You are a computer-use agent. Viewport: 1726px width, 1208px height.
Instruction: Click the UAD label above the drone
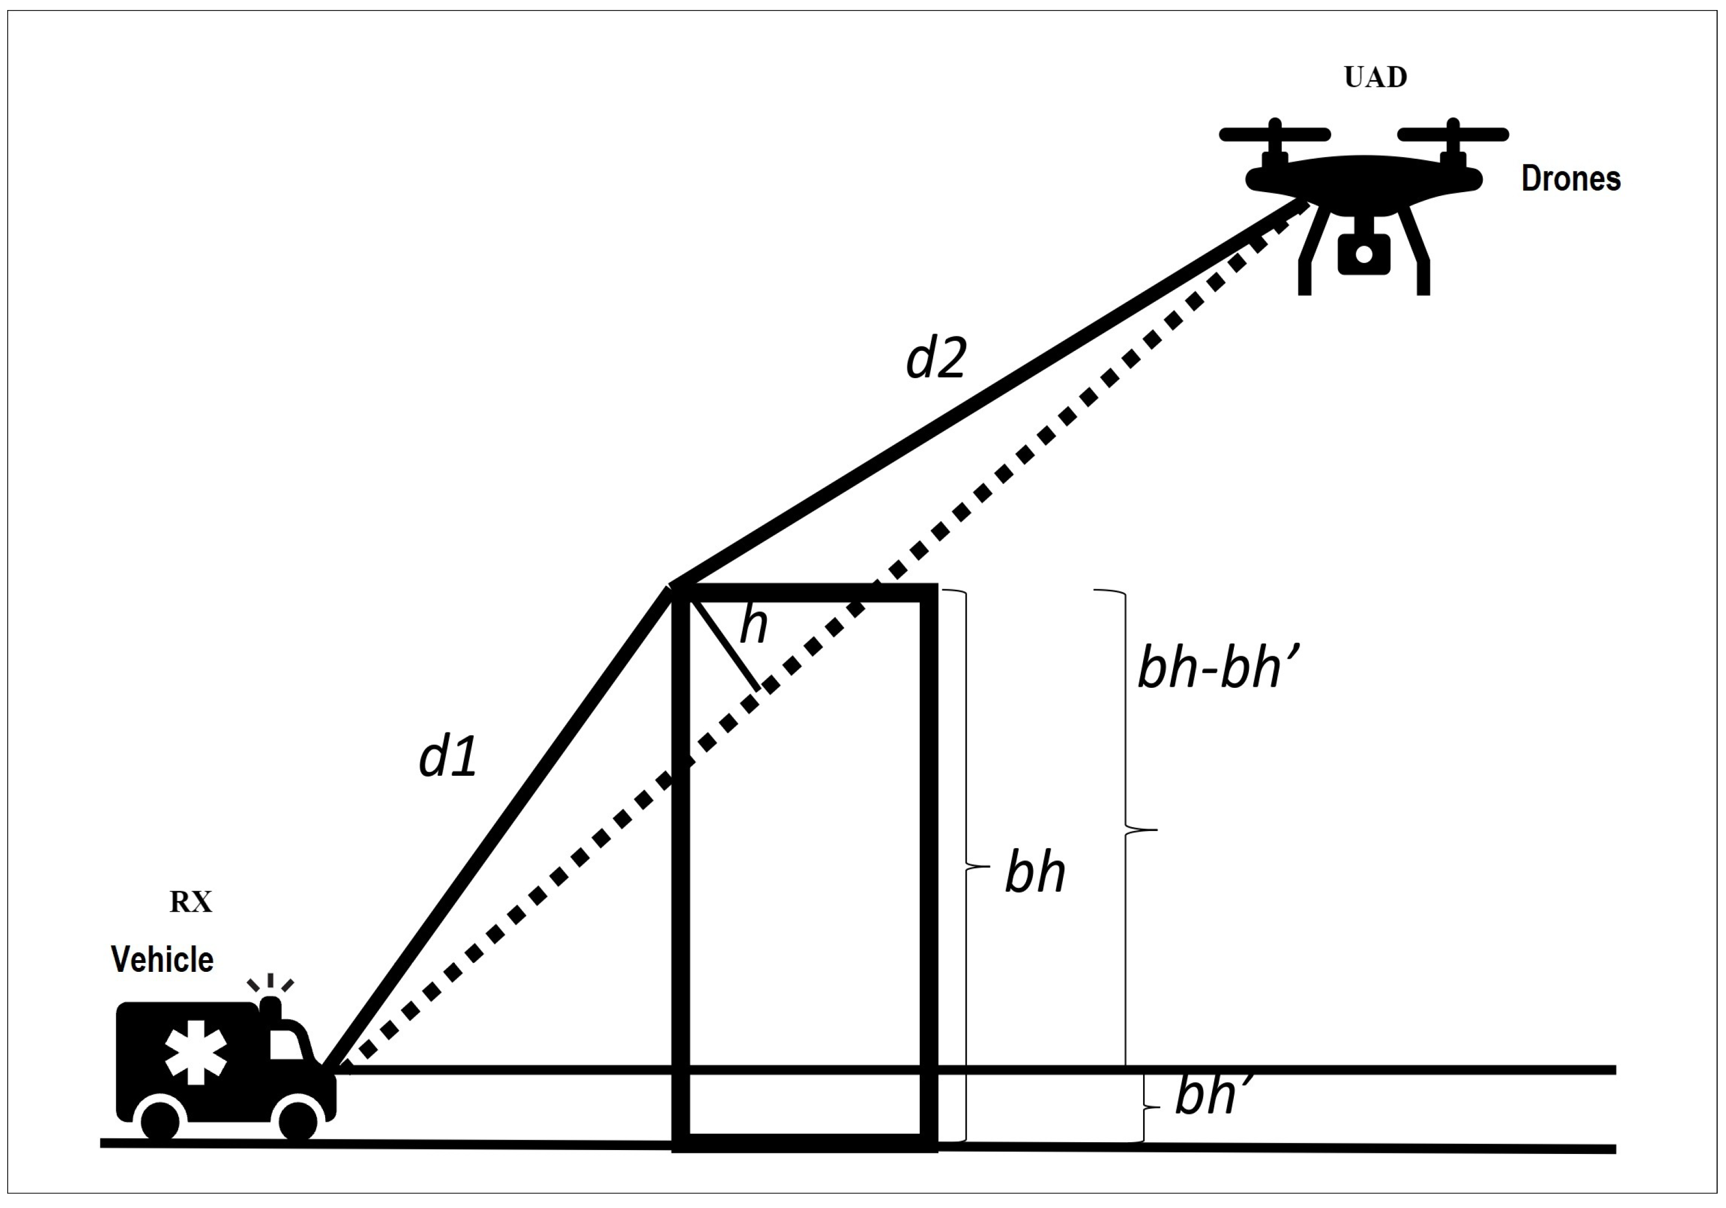click(1375, 77)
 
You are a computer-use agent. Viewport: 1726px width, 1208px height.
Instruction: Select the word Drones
click(1571, 179)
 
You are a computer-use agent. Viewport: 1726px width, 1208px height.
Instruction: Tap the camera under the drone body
click(1364, 253)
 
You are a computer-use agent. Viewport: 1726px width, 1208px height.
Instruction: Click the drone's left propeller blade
click(1275, 135)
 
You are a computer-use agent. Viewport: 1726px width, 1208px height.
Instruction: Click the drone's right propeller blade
click(1453, 135)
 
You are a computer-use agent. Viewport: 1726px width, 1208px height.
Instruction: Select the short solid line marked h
click(726, 644)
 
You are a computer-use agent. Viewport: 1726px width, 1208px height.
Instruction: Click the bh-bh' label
click(1218, 668)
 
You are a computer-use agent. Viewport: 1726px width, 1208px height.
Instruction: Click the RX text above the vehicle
click(191, 902)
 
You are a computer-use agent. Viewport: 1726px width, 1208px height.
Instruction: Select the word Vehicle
click(163, 960)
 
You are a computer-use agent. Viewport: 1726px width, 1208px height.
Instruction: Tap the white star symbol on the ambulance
click(195, 1052)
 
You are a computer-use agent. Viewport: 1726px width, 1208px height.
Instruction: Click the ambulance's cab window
click(285, 1045)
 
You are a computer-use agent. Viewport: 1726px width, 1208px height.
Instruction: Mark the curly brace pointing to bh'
click(1146, 1107)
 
